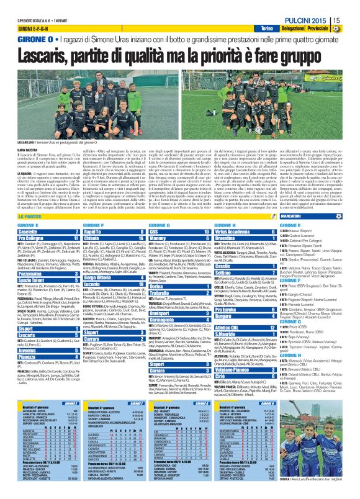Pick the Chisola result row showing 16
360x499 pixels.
point(112,238)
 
